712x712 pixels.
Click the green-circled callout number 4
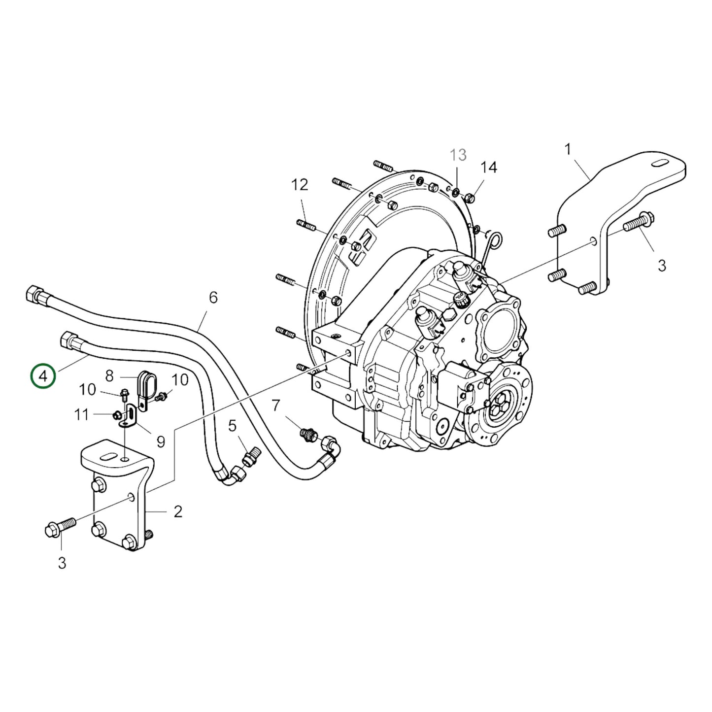(43, 376)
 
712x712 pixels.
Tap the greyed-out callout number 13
(458, 155)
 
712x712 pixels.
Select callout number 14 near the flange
(489, 168)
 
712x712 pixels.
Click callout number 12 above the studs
(300, 185)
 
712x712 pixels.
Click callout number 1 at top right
(568, 149)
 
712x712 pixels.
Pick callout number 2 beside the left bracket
(178, 511)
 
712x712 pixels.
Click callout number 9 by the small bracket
(161, 441)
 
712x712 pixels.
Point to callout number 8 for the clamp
(109, 376)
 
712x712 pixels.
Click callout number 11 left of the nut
(81, 415)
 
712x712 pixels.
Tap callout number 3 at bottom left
(62, 563)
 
